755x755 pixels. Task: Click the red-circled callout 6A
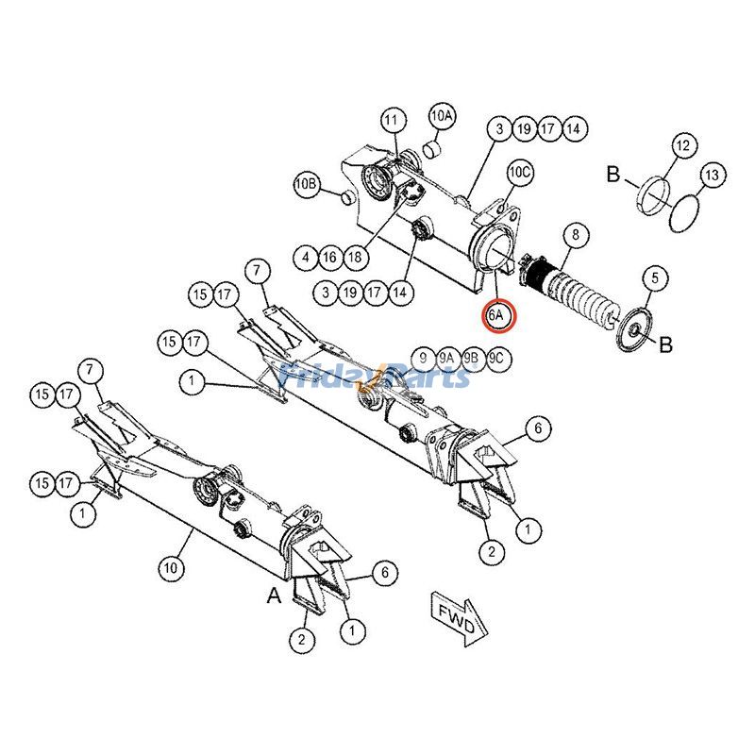point(497,315)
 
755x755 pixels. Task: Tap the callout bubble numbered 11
point(393,121)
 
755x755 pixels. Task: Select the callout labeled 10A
point(443,116)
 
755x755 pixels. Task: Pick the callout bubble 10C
point(520,173)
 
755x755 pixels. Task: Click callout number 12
point(683,145)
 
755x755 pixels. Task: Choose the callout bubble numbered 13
point(713,175)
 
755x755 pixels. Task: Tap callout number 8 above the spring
point(575,233)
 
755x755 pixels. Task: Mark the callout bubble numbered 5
point(656,277)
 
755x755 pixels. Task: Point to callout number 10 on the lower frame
point(170,568)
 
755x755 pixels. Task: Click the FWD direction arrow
point(459,616)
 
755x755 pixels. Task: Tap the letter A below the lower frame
point(274,596)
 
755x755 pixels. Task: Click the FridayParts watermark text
point(377,377)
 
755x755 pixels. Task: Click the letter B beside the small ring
point(612,176)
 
